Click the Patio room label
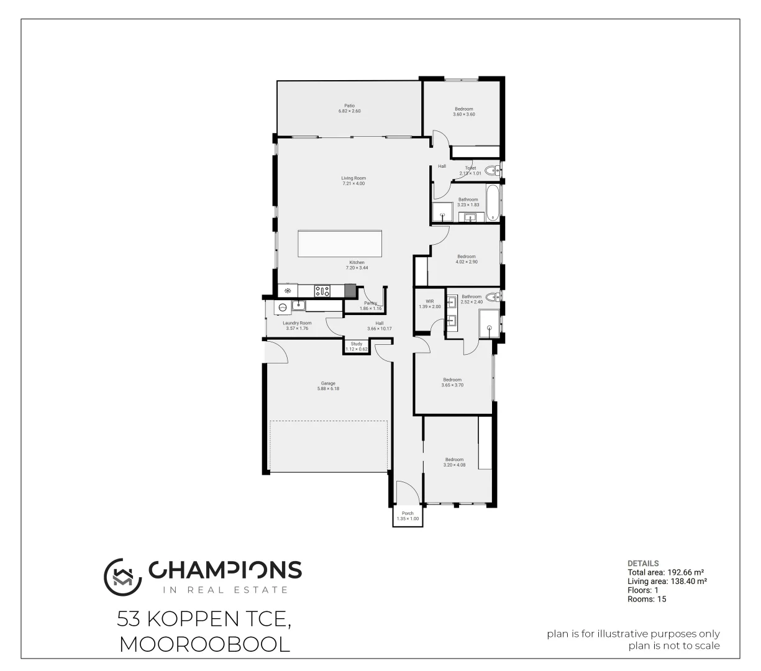coord(349,106)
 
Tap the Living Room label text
coord(353,178)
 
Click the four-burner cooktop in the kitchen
coord(322,290)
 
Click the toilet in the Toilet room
coord(491,169)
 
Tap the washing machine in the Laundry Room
coord(283,307)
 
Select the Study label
coord(357,344)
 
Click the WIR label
coord(429,301)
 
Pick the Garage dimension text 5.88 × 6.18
coord(328,389)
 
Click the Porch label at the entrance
coord(408,513)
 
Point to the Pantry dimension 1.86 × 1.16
coord(370,309)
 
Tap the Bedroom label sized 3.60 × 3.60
coord(463,109)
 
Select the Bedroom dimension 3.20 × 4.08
coord(453,465)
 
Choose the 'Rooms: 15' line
coord(647,600)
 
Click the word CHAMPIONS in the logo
coord(225,570)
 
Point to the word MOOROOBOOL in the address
coord(204,644)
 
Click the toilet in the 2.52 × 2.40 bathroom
coord(492,297)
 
